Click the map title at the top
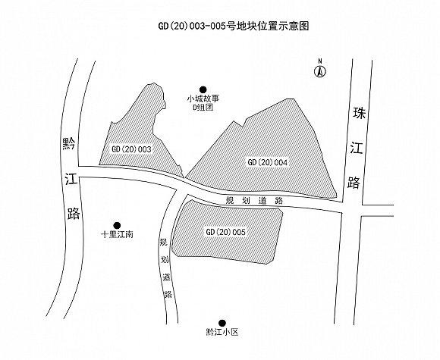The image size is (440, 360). [234, 26]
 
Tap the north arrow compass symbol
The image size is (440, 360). [319, 71]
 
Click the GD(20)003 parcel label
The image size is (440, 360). [131, 149]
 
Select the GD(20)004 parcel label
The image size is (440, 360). [268, 162]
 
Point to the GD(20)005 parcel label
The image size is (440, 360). [225, 232]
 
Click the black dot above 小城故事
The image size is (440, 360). [203, 89]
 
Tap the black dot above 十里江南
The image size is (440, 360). [117, 225]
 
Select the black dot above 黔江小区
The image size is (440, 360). [222, 323]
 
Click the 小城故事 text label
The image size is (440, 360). [203, 99]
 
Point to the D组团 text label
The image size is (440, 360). [203, 107]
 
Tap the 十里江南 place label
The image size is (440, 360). [117, 234]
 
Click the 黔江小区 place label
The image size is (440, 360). [222, 333]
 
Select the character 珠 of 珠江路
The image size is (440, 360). [359, 113]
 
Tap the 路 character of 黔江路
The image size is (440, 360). [74, 214]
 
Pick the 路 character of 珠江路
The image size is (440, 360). [354, 183]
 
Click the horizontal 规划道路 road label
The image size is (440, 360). [254, 201]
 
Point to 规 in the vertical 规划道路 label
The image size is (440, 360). [163, 243]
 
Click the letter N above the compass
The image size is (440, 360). [319, 61]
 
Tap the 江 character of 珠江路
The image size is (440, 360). [356, 148]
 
